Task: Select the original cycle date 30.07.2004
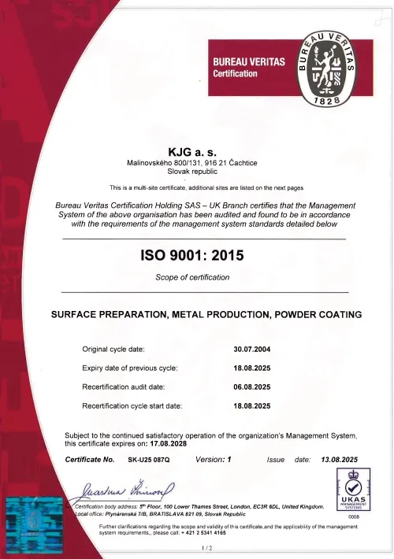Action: pyautogui.click(x=252, y=348)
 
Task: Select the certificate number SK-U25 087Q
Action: pyautogui.click(x=148, y=459)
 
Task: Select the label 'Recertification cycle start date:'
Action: pyautogui.click(x=132, y=405)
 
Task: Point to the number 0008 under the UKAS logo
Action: pyautogui.click(x=353, y=516)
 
